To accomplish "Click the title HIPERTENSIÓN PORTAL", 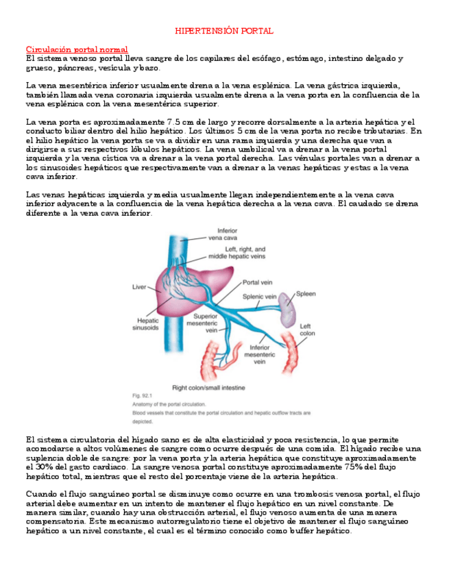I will pos(224,32).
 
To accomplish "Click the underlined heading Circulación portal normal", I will pos(77,50).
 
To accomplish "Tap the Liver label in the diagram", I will pos(140,288).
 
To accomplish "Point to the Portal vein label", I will pos(258,282).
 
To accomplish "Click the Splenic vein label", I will pos(260,297).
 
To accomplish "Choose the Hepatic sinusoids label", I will pos(145,324).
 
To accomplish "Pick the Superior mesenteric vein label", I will pos(205,323).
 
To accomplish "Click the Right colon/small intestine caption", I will pos(208,388).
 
